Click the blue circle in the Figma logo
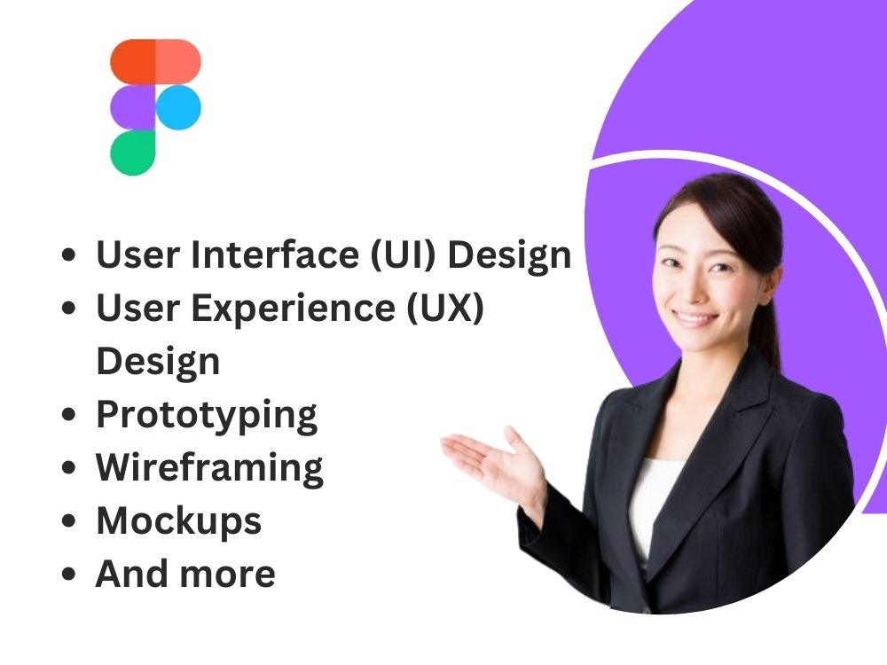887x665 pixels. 178,107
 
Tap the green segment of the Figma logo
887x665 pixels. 133,153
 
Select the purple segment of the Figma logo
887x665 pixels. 133,107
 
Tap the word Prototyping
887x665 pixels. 206,415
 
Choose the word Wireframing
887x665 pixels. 209,467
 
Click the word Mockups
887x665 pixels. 178,520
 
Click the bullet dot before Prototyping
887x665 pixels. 69,416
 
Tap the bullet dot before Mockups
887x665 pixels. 69,522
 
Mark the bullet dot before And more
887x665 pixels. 69,575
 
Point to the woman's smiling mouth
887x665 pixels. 697,318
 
